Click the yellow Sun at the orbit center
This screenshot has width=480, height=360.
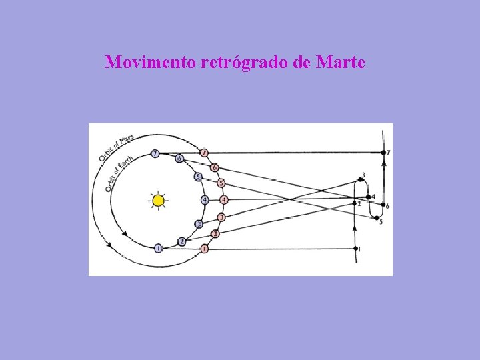coord(158,200)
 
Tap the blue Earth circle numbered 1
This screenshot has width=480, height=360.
coord(158,249)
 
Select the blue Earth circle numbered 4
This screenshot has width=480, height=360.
coord(205,200)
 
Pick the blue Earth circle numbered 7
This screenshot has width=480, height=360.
coord(155,153)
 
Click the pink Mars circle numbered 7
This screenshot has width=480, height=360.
coord(204,153)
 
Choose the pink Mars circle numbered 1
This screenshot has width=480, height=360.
coord(204,249)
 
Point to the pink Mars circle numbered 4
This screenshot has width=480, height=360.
coord(224,200)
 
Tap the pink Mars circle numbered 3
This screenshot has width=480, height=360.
coord(221,217)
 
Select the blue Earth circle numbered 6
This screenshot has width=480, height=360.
coord(179,159)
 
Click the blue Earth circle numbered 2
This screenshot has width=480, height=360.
coord(181,241)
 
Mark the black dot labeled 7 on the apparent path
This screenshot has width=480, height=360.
coord(383,153)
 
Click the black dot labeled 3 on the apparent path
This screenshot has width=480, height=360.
coord(360,179)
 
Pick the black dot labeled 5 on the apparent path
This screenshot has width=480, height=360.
coord(377,218)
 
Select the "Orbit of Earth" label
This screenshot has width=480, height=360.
coord(119,174)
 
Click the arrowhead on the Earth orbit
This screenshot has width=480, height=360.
coord(125,233)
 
